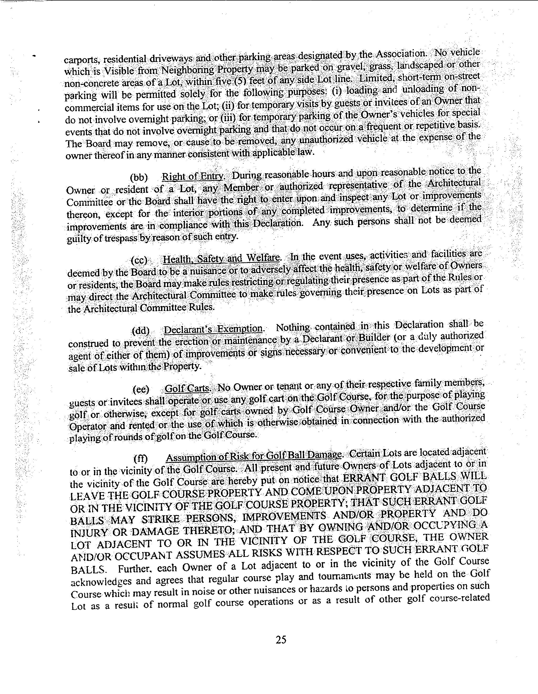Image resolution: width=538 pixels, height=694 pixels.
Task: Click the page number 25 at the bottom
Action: coord(281,639)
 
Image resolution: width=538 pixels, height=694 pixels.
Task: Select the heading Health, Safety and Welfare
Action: coord(221,259)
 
